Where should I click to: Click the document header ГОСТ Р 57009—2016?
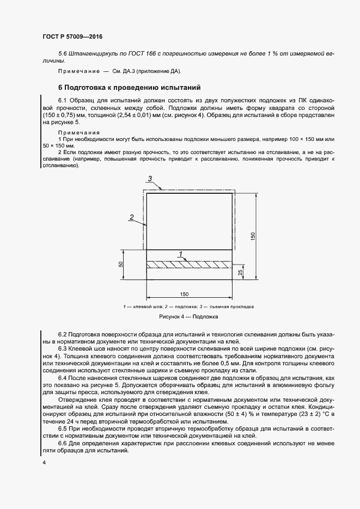[72, 37]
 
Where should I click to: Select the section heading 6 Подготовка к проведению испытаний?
[130, 87]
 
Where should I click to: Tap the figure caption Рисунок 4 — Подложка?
[188, 316]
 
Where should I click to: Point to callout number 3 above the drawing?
[150, 179]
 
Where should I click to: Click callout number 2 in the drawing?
[131, 217]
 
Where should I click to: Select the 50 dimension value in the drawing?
[121, 265]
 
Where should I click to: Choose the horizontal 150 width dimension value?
[184, 294]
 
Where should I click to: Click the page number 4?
[44, 463]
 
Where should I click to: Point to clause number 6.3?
[62, 347]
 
